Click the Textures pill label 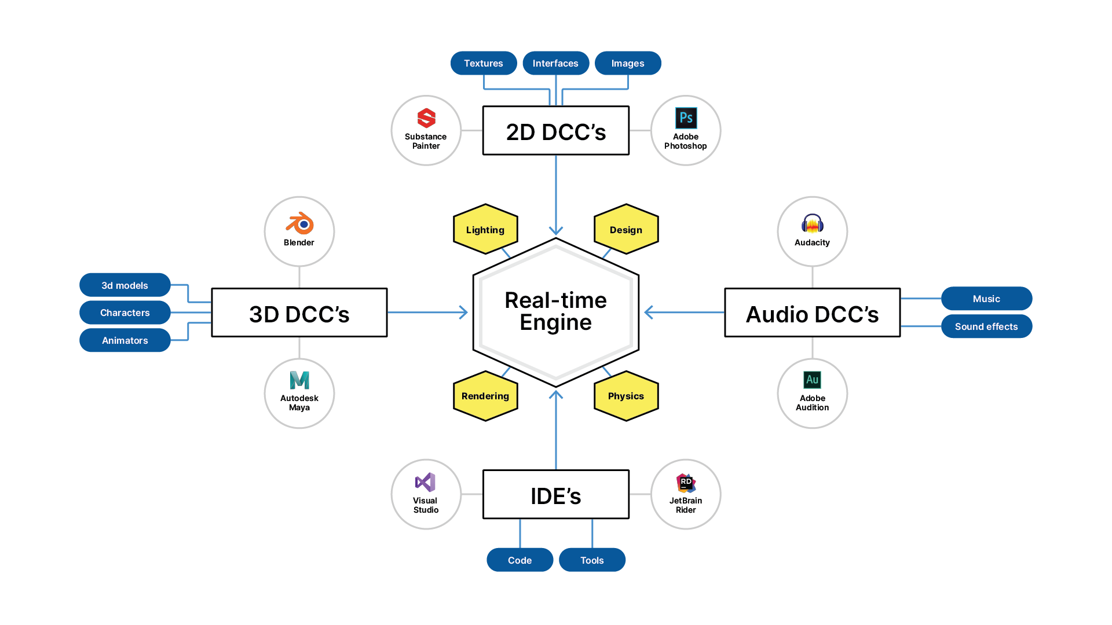pyautogui.click(x=484, y=63)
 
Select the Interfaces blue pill pyautogui.click(x=555, y=63)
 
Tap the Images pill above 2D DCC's pyautogui.click(x=628, y=63)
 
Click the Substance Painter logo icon pyautogui.click(x=426, y=118)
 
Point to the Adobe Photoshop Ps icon pyautogui.click(x=686, y=118)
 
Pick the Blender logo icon pyautogui.click(x=299, y=223)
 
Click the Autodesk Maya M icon pyautogui.click(x=299, y=380)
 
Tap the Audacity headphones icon pyautogui.click(x=813, y=223)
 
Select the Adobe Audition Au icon pyautogui.click(x=813, y=380)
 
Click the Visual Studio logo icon pyautogui.click(x=426, y=482)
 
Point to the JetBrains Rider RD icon pyautogui.click(x=686, y=482)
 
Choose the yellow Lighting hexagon pyautogui.click(x=485, y=229)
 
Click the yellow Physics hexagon pyautogui.click(x=626, y=396)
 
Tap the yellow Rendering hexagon pyautogui.click(x=485, y=396)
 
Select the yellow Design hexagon pyautogui.click(x=626, y=229)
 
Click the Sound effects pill pyautogui.click(x=986, y=326)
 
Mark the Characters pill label pyautogui.click(x=125, y=312)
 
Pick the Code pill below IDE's pyautogui.click(x=520, y=560)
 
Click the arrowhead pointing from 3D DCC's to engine pyautogui.click(x=463, y=312)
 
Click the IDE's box pyautogui.click(x=556, y=495)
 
